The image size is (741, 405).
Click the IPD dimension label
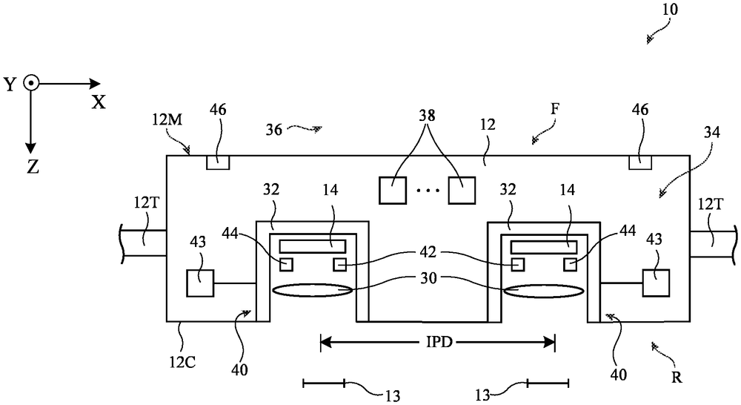439,342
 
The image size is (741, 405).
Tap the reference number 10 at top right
670,10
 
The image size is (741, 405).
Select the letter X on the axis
99,102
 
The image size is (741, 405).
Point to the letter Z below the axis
33,167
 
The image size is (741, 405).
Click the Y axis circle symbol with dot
31,84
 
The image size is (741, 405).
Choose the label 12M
167,119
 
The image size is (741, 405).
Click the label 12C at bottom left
182,362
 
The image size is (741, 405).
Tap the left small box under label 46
219,162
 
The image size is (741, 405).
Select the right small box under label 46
640,162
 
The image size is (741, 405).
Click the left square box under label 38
393,190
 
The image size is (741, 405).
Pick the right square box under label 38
462,190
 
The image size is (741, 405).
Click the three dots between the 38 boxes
428,191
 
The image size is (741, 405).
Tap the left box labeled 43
200,283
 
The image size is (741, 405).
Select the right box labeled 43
656,283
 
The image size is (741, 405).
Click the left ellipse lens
313,291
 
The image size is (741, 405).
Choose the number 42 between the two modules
428,253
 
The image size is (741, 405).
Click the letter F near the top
555,109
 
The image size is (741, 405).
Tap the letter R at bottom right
677,377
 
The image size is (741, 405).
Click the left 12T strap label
142,204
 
